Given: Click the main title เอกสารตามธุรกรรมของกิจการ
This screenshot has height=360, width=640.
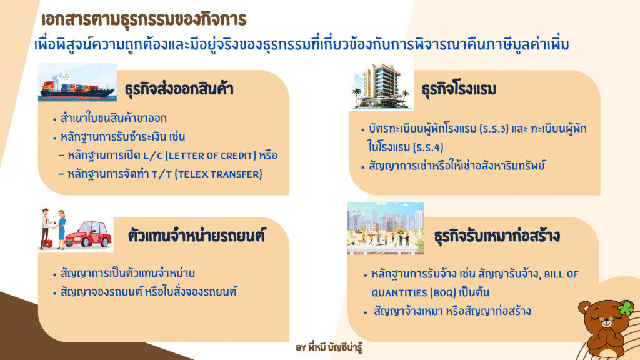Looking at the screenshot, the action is coord(144,19).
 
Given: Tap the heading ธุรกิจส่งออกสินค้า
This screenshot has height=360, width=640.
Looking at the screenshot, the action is coord(179,89).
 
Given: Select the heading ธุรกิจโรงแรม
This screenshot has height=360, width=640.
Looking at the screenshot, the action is coord(459,89).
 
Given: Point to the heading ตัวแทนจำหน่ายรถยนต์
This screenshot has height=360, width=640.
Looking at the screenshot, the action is coord(196,235).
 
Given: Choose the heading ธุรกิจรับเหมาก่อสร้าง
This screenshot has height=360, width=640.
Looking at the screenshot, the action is coord(497,236).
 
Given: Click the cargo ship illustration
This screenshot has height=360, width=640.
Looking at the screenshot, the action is coord(77,82).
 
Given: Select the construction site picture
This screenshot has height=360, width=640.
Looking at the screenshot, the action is coord(386,229).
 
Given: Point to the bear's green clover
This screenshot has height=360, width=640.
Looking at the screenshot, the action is coord(626,308).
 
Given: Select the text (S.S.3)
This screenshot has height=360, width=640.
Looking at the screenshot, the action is coord(494,129).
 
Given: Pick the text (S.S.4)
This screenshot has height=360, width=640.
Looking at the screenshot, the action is coord(428,147).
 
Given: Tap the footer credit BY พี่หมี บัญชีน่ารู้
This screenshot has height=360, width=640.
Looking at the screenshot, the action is coord(329,348).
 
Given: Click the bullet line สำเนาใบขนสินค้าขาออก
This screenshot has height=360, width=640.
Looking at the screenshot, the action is coord(114,118).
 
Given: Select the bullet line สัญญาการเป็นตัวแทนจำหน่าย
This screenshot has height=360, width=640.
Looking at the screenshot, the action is coord(127,273).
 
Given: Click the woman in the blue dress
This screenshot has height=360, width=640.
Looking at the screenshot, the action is coord(61,229).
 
